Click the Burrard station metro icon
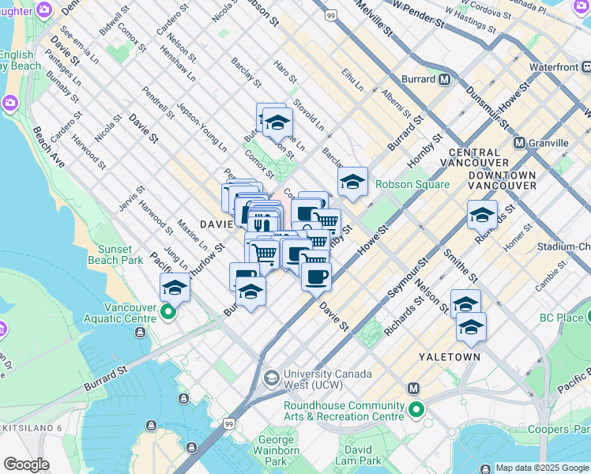[x=445, y=79]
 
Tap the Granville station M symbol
[x=520, y=142]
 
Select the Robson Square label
[x=412, y=184]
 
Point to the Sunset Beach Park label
[x=121, y=254]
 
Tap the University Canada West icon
[x=271, y=378]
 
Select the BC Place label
[x=562, y=318]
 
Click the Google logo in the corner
[x=26, y=465]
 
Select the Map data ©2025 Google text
[x=542, y=468]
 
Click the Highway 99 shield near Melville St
[x=330, y=16]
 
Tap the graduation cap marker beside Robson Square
[x=352, y=183]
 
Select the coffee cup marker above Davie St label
[x=316, y=276]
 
